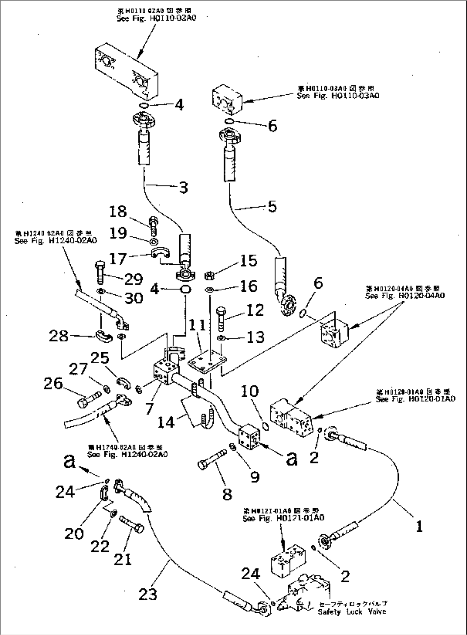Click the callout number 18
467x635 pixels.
point(118,212)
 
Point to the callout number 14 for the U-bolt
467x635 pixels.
point(167,422)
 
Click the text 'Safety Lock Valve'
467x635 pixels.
point(351,611)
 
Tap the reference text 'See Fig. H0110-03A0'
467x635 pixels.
point(338,96)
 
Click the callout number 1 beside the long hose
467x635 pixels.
point(419,526)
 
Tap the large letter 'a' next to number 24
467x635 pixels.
point(71,462)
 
